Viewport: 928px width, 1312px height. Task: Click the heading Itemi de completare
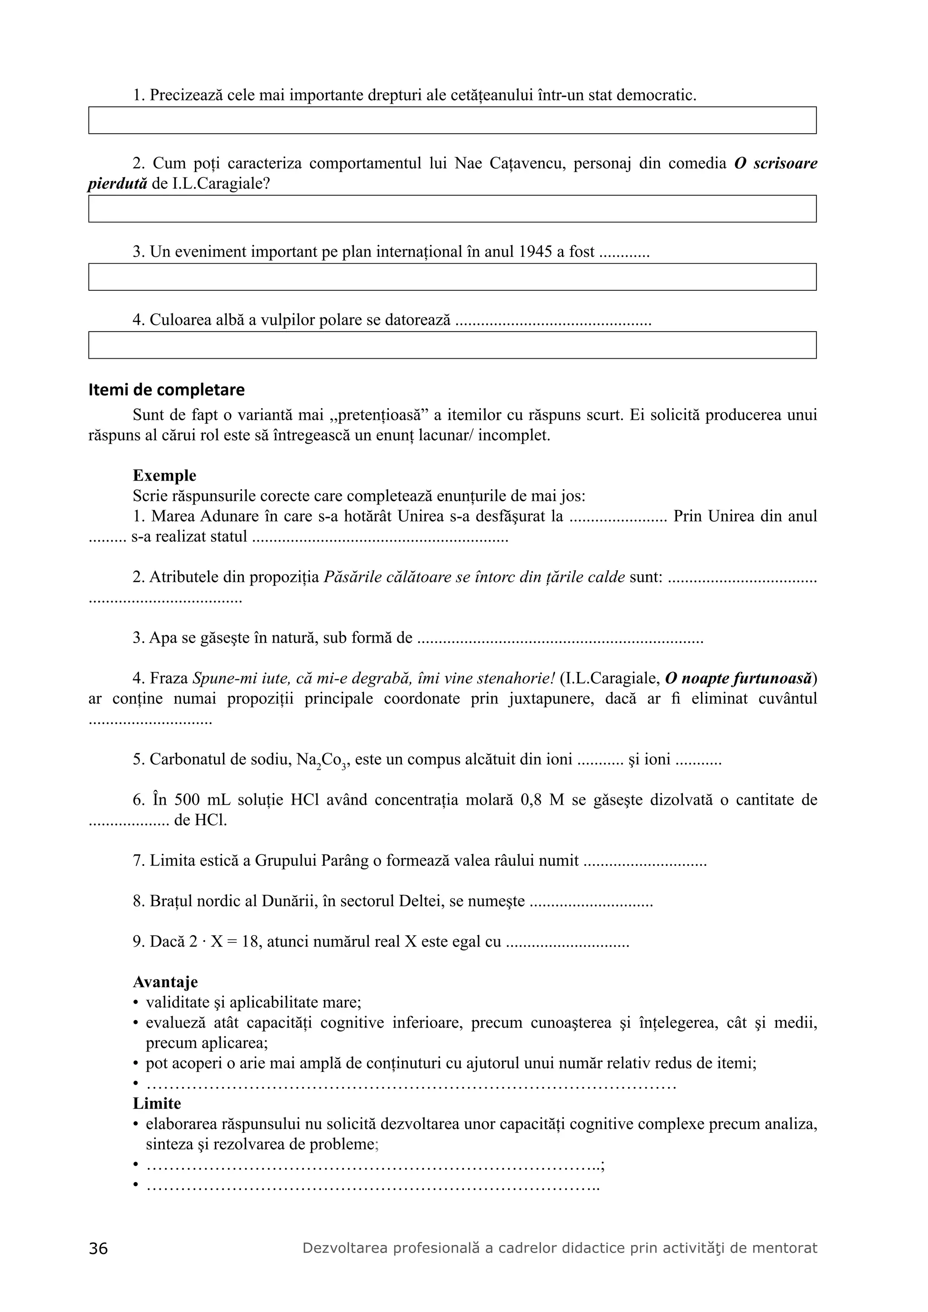[166, 390]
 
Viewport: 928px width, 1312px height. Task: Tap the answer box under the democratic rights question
[452, 120]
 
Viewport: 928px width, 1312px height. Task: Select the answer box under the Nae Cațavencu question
[452, 209]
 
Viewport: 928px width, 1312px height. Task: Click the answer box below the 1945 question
[452, 277]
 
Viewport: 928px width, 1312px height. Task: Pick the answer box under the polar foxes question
[452, 345]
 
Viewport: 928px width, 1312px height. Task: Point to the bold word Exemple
[164, 476]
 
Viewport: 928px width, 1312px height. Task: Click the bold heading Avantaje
[165, 982]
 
